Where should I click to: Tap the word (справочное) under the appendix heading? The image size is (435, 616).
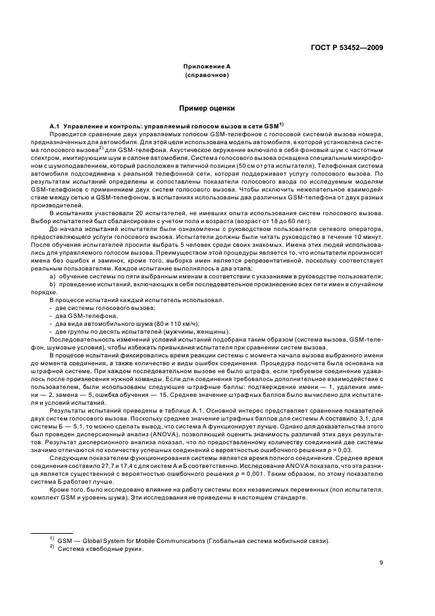(x=207, y=76)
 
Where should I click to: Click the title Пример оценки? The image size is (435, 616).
(x=207, y=107)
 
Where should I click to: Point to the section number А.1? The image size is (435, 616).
(x=57, y=125)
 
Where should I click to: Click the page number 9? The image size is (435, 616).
(x=381, y=562)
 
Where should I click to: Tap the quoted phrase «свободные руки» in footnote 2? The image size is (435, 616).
(x=120, y=549)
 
